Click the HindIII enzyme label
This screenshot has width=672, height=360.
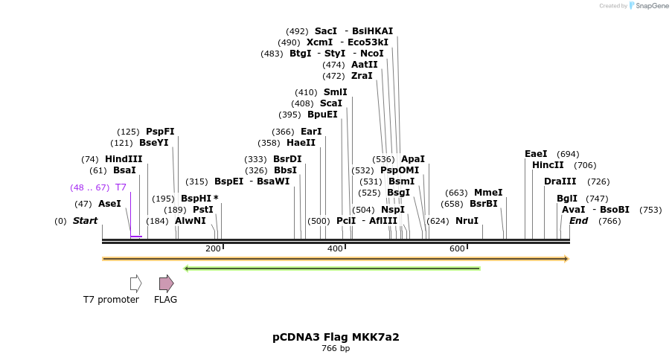coord(123,159)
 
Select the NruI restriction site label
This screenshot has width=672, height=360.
coord(467,221)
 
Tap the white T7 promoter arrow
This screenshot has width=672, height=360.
coord(135,283)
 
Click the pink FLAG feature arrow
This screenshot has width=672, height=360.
coord(166,283)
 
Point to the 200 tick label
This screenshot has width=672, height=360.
coord(212,248)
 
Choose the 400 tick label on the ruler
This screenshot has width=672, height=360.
coord(335,248)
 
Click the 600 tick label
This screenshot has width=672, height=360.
coord(457,248)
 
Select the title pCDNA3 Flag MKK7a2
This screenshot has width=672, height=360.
coord(336,337)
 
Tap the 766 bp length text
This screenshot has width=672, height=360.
coord(336,349)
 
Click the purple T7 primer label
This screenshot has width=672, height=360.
coord(121,187)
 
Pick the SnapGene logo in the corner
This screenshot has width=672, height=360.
coord(647,6)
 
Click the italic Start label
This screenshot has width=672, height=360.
coord(85,221)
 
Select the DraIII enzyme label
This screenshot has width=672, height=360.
coord(560,181)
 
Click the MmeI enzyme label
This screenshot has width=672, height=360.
coord(488,193)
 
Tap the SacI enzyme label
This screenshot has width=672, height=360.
coord(325,31)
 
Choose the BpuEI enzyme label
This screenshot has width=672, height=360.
coord(322,115)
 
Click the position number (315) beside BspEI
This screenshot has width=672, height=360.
coord(196,181)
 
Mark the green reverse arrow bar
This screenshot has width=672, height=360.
coord(332,269)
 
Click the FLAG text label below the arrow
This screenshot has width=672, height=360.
coord(165,300)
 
